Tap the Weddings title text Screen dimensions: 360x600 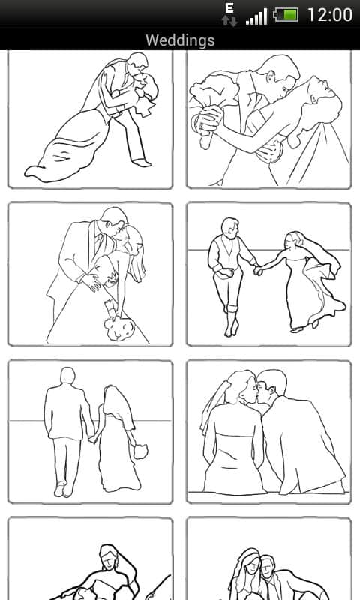(x=180, y=40)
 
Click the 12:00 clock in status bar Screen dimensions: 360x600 (x=330, y=15)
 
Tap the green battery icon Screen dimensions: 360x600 (x=286, y=15)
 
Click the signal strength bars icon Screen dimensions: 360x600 (x=256, y=17)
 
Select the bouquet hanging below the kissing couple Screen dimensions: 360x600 (x=119, y=325)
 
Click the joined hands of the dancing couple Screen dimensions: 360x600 (x=259, y=270)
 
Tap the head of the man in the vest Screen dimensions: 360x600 (x=230, y=227)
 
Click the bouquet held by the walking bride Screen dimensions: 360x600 (x=140, y=451)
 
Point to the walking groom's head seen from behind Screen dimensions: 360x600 (x=67, y=376)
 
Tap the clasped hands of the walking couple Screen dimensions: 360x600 (x=92, y=439)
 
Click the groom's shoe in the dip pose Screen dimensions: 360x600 (x=142, y=163)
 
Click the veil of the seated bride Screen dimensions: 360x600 (x=214, y=406)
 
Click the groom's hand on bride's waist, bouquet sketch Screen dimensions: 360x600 (x=91, y=282)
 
